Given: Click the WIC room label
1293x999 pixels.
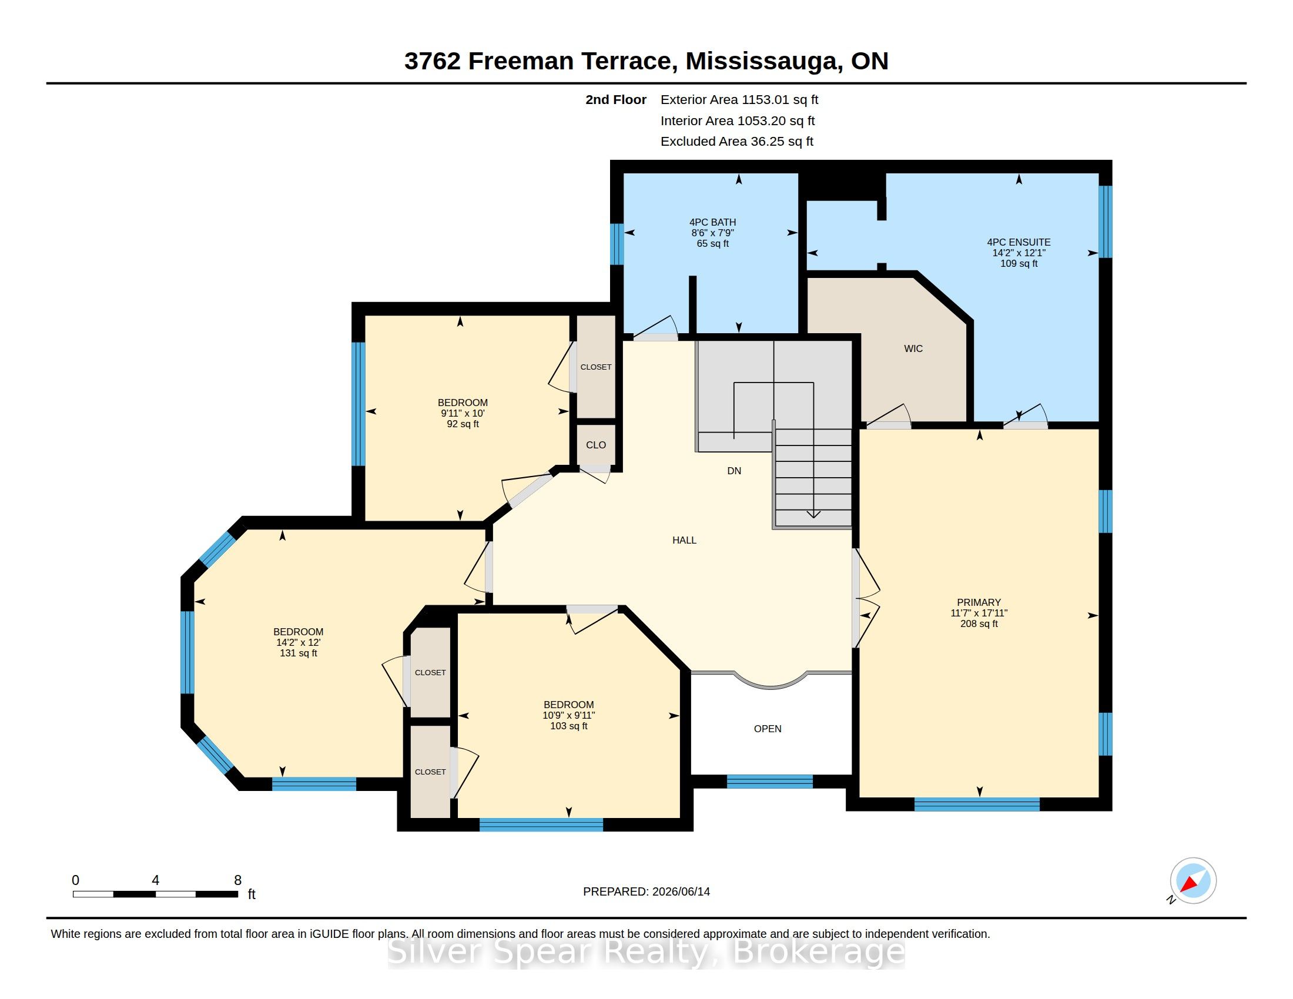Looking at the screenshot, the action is [x=913, y=348].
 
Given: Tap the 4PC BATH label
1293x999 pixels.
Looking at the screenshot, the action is [x=712, y=223].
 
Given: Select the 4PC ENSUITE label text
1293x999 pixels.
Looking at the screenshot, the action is [x=1019, y=242].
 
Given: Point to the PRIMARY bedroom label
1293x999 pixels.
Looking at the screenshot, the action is [x=979, y=602].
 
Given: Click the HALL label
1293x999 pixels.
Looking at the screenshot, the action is [x=684, y=540].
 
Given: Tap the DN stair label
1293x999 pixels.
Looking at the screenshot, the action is [x=734, y=471].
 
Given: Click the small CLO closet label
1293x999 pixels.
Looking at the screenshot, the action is [x=595, y=445].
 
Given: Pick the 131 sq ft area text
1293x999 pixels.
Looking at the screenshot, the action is [x=299, y=653].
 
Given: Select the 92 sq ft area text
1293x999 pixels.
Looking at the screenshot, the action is [x=463, y=424].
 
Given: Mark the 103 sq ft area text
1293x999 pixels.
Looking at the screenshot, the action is [x=568, y=726].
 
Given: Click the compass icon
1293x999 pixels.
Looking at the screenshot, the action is [x=1193, y=881].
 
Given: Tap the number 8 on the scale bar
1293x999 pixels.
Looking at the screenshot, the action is [x=237, y=880].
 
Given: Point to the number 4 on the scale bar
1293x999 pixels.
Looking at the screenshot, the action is [x=155, y=880].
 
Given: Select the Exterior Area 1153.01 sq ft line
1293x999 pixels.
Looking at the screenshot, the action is [x=739, y=100].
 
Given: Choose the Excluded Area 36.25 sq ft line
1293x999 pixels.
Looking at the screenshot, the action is [x=737, y=142].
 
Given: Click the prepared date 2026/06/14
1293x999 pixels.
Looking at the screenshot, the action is [x=681, y=891].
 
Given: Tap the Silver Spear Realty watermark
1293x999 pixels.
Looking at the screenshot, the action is [x=646, y=952].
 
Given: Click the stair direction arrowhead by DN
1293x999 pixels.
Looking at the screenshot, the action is [x=813, y=514].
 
